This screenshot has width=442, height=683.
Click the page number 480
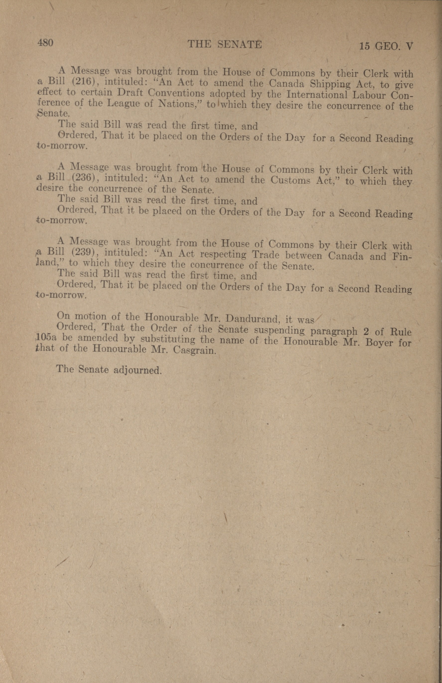[45, 43]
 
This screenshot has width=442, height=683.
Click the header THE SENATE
[224, 44]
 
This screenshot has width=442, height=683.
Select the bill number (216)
[85, 82]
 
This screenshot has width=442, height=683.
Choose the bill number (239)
[85, 253]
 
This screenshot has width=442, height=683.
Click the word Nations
[179, 104]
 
